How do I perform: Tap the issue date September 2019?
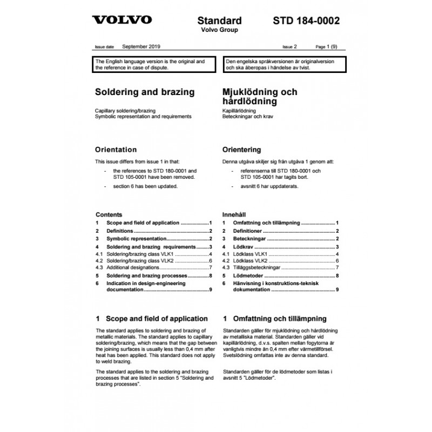click(141, 47)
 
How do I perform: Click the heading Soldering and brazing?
click(145, 92)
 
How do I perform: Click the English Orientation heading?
click(116, 150)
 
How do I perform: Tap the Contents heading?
click(109, 214)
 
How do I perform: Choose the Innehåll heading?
click(234, 214)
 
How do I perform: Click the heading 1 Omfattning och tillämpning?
click(274, 319)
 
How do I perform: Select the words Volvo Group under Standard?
click(219, 30)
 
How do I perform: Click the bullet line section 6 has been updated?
click(141, 186)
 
